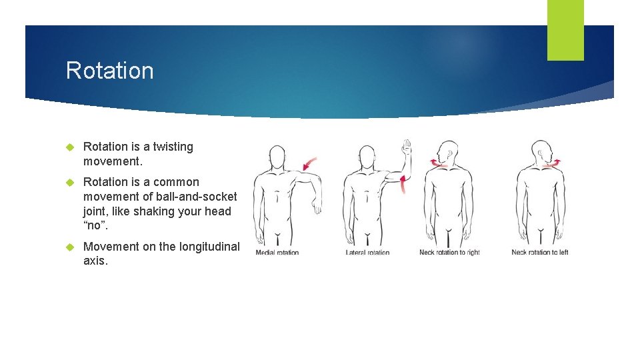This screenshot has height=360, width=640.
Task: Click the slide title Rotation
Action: point(109,71)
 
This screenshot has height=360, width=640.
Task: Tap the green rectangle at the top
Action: point(565,30)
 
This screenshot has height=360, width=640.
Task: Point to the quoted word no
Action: point(95,226)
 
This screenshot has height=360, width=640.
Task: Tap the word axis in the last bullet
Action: point(95,261)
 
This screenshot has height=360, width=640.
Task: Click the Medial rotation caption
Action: point(278,253)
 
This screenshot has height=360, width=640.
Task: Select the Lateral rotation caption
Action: point(367,253)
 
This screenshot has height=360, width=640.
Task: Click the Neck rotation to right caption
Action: point(449,253)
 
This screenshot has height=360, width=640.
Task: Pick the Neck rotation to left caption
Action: point(540,252)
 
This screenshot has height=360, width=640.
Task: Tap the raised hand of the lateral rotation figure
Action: point(407,147)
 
